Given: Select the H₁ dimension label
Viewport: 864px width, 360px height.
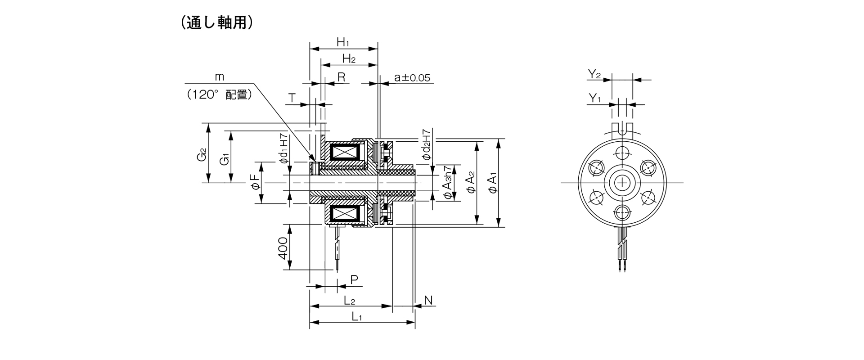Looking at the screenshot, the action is click(343, 43).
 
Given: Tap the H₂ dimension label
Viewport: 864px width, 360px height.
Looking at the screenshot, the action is click(349, 58).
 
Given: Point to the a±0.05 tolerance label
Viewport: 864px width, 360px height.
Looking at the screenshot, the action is click(412, 77).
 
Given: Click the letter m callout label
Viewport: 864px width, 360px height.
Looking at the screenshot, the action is click(219, 76).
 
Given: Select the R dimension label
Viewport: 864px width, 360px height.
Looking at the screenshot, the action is click(342, 77).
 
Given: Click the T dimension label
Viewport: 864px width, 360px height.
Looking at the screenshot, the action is click(292, 98).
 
